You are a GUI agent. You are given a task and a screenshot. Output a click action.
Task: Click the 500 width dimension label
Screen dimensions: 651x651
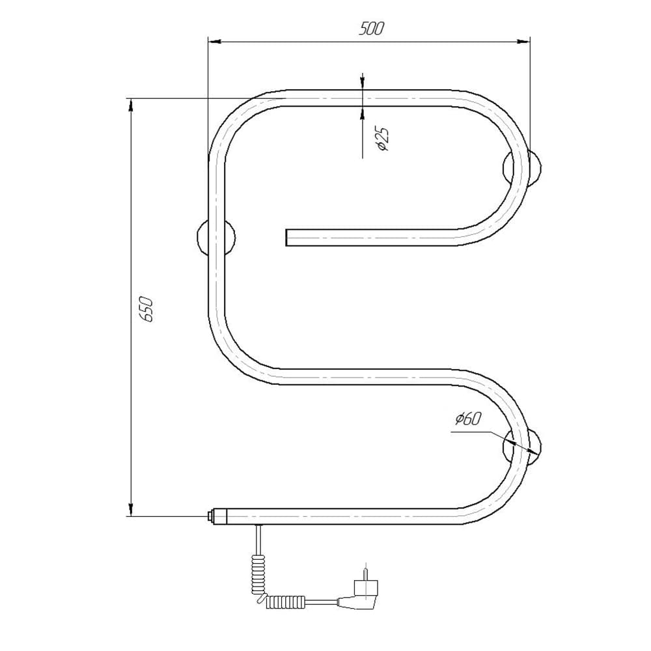pos(372,29)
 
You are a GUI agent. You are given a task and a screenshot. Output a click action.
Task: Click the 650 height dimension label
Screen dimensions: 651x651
pos(146,309)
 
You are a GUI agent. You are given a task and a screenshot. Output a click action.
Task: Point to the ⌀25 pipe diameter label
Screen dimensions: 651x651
pos(382,139)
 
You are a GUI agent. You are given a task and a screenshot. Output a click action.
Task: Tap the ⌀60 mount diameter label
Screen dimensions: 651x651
pos(467,419)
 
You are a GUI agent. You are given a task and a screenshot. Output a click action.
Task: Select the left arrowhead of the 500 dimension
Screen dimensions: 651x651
pos(214,42)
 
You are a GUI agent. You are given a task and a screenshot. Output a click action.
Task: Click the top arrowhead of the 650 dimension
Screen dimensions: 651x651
pos(131,105)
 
